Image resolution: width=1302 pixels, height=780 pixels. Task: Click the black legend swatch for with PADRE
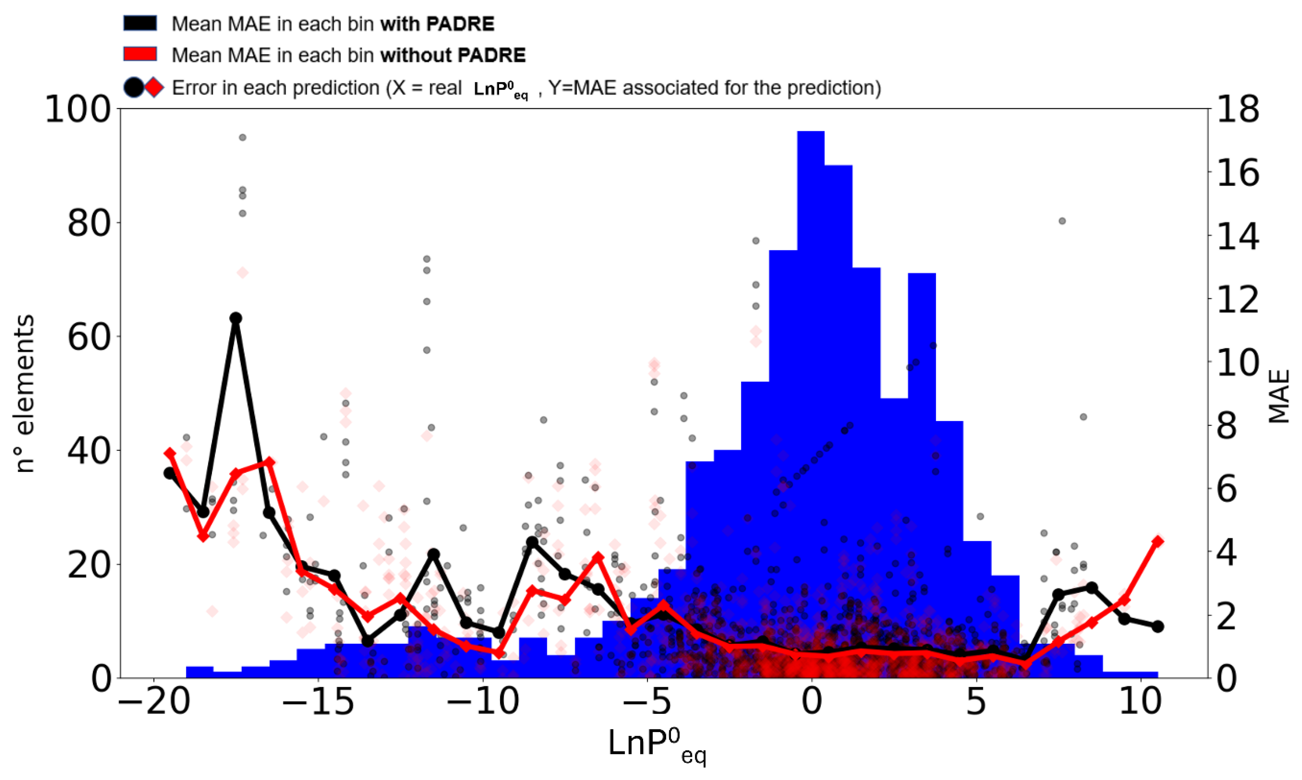pyautogui.click(x=140, y=23)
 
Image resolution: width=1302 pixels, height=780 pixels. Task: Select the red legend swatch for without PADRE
pyautogui.click(x=140, y=54)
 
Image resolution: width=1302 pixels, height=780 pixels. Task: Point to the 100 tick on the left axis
pyautogui.click(x=79, y=110)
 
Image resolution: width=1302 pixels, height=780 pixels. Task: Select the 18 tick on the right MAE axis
pyautogui.click(x=1238, y=110)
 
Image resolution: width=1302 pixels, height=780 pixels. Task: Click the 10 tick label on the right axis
pyautogui.click(x=1238, y=363)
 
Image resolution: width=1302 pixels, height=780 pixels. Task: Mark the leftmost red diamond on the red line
pyautogui.click(x=169, y=453)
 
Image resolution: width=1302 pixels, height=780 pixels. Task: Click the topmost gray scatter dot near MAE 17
pyautogui.click(x=242, y=137)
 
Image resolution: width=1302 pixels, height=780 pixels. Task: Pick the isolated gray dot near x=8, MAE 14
pyautogui.click(x=1062, y=221)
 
